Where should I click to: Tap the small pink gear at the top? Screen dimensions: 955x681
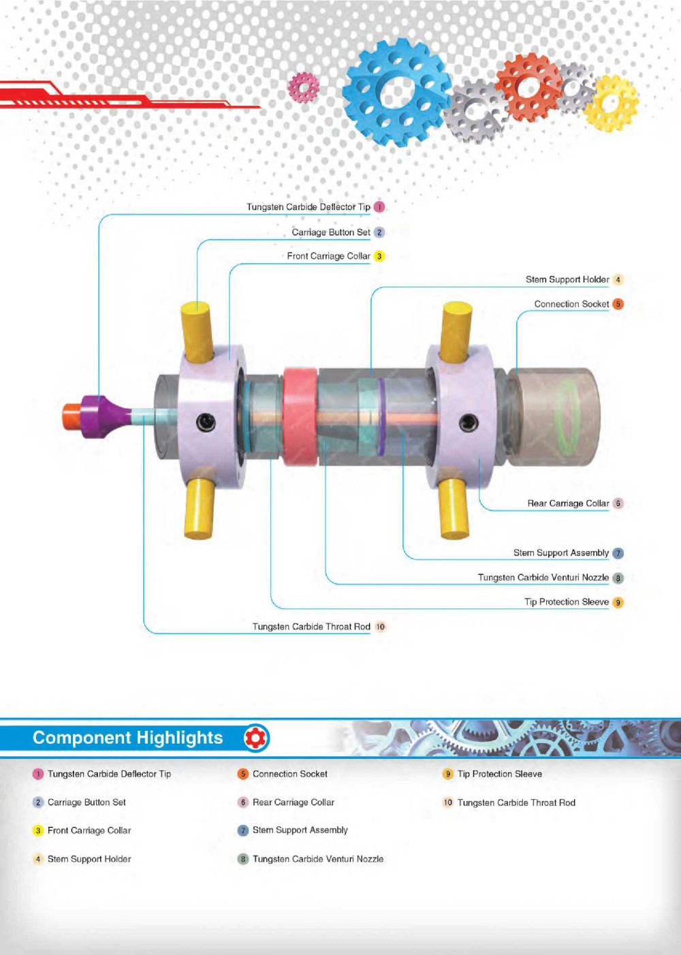click(x=304, y=87)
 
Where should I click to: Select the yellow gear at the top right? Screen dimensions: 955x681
click(x=612, y=103)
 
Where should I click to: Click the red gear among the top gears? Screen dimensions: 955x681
click(x=528, y=87)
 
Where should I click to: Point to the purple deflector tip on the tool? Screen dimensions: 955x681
click(x=102, y=416)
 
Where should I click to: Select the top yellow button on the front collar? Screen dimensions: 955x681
click(x=197, y=332)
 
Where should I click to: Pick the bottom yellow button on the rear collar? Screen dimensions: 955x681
click(x=453, y=507)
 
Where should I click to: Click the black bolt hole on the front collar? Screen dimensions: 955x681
click(x=206, y=423)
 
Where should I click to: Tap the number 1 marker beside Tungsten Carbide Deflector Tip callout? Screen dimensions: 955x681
click(x=379, y=207)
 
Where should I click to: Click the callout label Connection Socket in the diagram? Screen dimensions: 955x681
click(x=571, y=304)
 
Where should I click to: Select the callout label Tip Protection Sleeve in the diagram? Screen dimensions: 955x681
click(x=566, y=602)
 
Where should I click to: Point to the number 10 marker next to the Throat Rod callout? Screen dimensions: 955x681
click(x=380, y=627)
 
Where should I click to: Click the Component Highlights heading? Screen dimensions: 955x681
click(x=128, y=738)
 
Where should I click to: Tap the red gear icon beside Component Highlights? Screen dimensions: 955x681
click(x=256, y=738)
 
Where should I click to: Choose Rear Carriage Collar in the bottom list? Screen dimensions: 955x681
click(x=293, y=802)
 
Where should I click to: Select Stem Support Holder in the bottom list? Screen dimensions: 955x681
click(x=89, y=859)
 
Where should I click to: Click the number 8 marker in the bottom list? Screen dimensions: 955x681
click(x=243, y=859)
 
